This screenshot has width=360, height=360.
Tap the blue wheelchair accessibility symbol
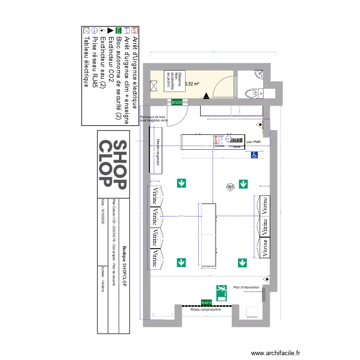(255, 155)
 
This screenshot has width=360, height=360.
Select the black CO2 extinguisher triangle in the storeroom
(206, 96)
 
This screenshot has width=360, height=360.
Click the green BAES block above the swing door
(177, 102)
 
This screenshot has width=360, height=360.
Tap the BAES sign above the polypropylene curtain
(206, 302)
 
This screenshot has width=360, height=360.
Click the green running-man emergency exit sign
(221, 292)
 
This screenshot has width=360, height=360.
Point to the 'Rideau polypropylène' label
(206, 310)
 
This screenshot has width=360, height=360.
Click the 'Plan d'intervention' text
(246, 288)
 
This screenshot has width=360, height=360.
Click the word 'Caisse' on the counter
(220, 145)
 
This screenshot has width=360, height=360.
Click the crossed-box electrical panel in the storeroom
(155, 86)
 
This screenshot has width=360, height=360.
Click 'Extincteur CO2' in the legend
(110, 60)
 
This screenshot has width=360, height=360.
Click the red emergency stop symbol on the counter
(216, 139)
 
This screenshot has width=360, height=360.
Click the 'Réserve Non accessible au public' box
(173, 80)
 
